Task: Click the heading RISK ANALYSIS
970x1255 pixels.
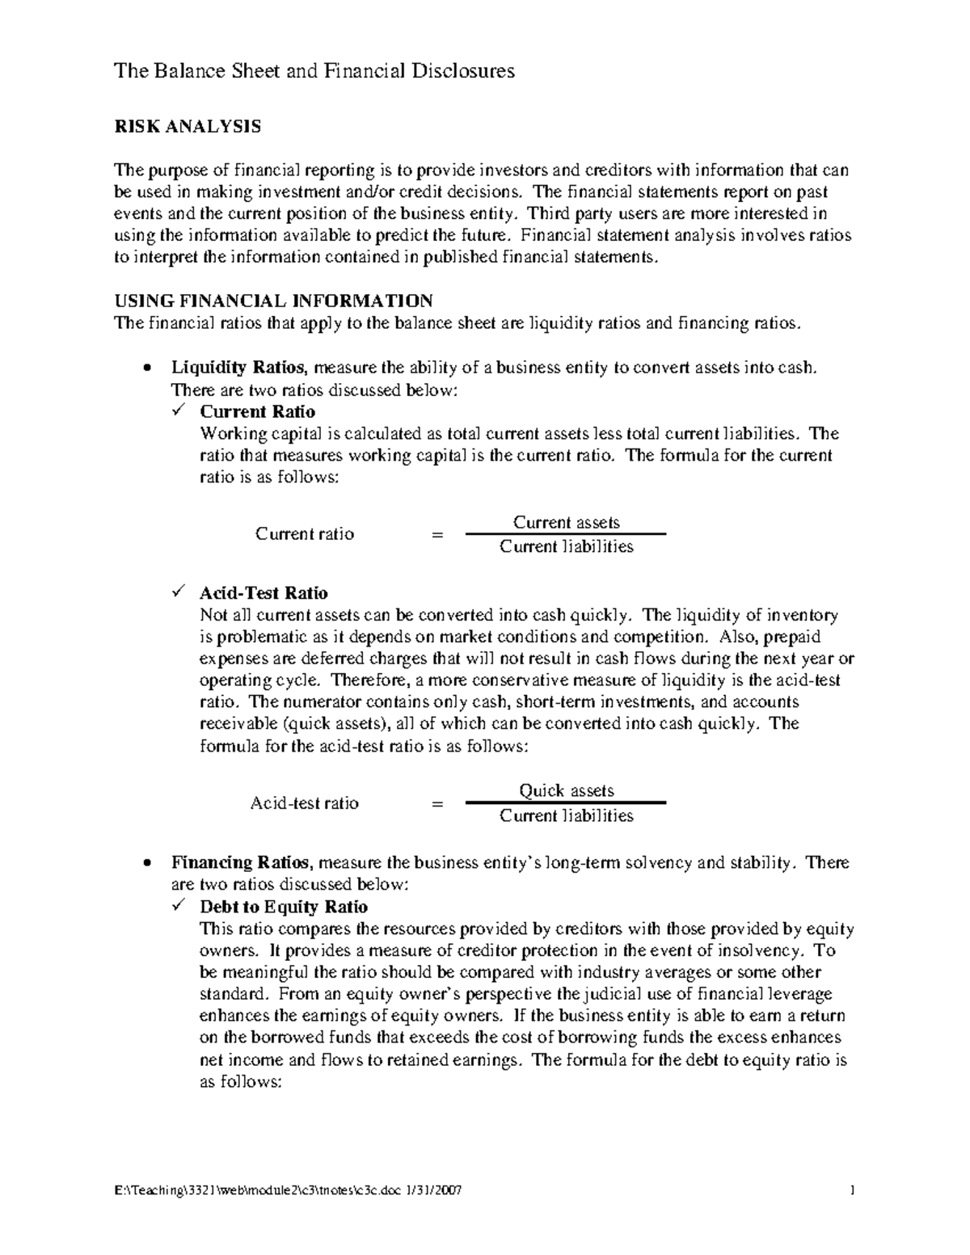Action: pyautogui.click(x=188, y=126)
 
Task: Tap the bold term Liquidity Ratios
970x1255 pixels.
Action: pyautogui.click(x=238, y=368)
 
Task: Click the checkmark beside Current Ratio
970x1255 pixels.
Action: pyautogui.click(x=179, y=411)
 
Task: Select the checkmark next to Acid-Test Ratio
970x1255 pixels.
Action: pyautogui.click(x=179, y=593)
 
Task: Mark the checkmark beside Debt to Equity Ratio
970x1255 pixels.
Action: pyautogui.click(x=179, y=907)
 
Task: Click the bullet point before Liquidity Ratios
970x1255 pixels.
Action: pyautogui.click(x=145, y=368)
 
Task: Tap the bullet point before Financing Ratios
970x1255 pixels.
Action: pyautogui.click(x=145, y=864)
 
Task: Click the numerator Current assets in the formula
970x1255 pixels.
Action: pyautogui.click(x=567, y=522)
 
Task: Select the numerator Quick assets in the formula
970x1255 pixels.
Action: pyautogui.click(x=567, y=791)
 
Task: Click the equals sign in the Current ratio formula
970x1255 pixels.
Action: pyautogui.click(x=437, y=534)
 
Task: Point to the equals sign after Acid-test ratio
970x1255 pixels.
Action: pyautogui.click(x=437, y=803)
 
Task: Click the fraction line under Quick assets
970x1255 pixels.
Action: pyautogui.click(x=566, y=802)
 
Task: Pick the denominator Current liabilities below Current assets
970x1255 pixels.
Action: pyautogui.click(x=567, y=547)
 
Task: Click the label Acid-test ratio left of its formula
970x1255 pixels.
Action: pyautogui.click(x=305, y=803)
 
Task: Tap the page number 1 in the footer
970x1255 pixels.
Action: pyautogui.click(x=852, y=1191)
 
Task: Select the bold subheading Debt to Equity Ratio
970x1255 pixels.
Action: pyautogui.click(x=284, y=907)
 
